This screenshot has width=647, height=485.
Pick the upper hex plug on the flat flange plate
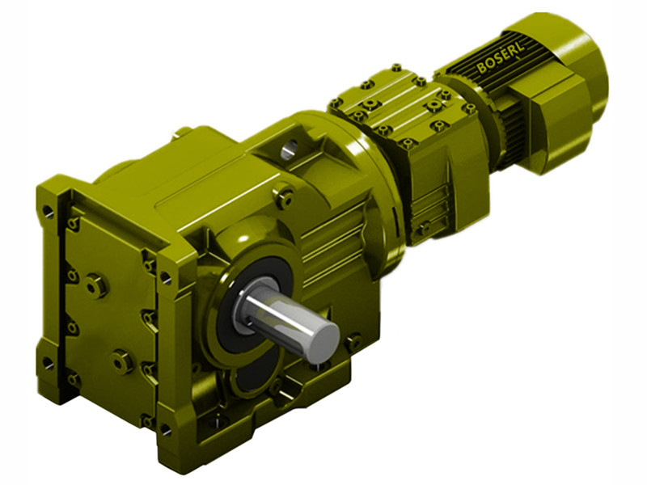[96, 285]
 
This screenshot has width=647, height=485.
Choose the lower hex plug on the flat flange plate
[123, 361]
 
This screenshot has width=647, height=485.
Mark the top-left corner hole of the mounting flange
[49, 212]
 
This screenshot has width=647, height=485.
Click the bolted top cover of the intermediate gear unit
[388, 103]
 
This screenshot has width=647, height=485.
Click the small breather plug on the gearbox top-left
[183, 131]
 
